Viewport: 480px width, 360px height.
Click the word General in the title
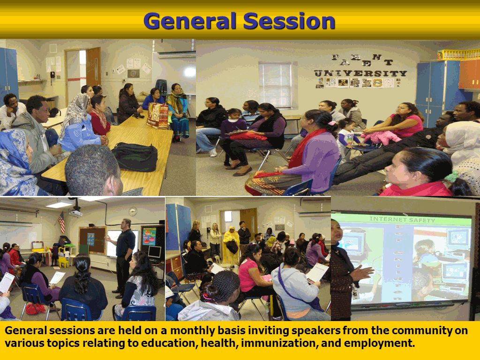point(190,21)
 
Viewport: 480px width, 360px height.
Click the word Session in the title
point(289,21)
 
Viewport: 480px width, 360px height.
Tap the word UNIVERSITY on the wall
point(360,74)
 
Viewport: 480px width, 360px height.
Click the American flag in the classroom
point(61,222)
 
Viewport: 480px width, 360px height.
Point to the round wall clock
point(133,211)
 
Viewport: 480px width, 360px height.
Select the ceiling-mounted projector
point(75,212)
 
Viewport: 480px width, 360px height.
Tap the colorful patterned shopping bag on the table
point(157,116)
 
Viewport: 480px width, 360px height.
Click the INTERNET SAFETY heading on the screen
point(402,219)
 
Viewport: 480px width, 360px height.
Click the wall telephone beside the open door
point(52,75)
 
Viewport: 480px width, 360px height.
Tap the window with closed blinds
point(275,85)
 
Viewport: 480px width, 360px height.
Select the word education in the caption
point(165,343)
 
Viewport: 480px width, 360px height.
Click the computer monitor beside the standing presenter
point(154,252)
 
